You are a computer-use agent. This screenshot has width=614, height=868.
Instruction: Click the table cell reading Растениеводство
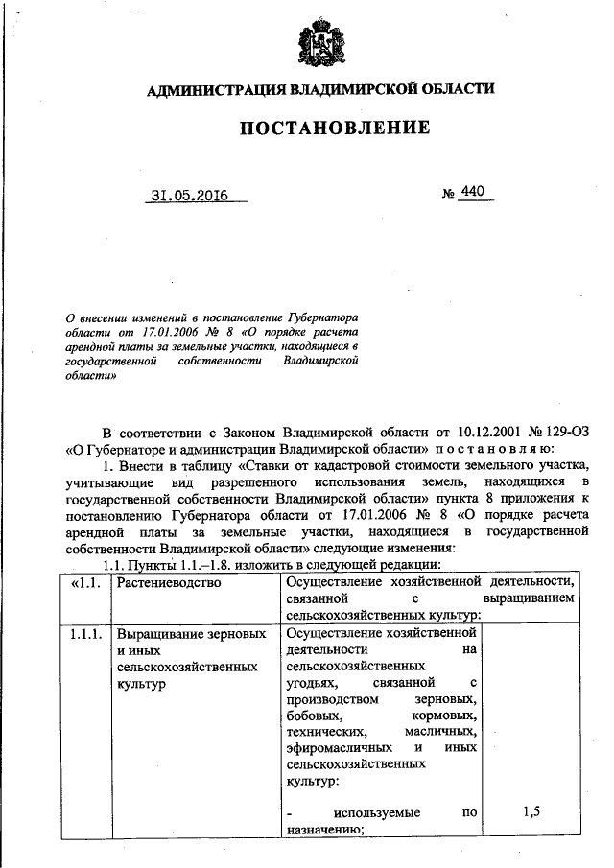click(x=169, y=581)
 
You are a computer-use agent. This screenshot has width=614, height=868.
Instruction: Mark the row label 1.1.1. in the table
click(x=84, y=635)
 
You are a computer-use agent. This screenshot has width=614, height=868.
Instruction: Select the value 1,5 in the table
click(x=532, y=812)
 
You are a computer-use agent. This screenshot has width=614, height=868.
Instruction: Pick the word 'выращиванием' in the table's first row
click(x=529, y=598)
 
